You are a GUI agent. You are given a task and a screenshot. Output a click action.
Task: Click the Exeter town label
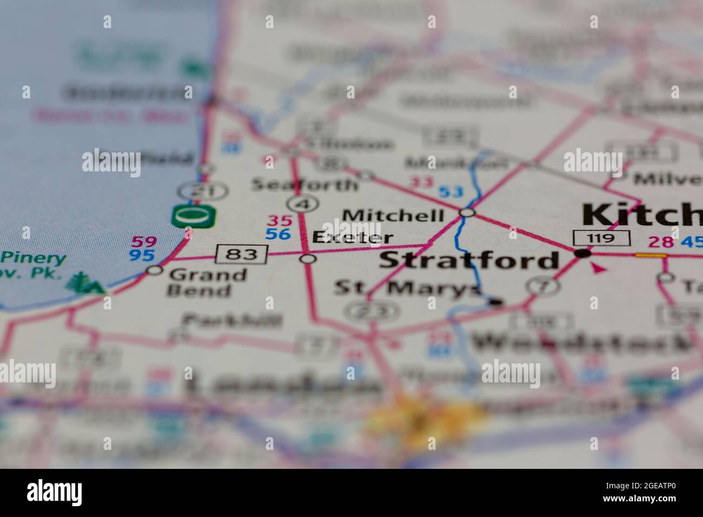pos(353,237)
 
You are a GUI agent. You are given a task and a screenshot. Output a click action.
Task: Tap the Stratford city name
pos(469,260)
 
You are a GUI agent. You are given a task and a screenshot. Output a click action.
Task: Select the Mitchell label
pos(393,215)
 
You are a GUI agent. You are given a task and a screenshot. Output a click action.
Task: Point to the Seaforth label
pos(304,185)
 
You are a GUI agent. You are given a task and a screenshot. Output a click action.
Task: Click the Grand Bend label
pos(207,282)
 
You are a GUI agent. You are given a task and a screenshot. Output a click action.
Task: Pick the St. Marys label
pos(406,288)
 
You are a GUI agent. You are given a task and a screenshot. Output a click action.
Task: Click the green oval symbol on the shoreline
pos(194,217)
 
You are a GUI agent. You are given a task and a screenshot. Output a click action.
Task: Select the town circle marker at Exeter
pos(308,260)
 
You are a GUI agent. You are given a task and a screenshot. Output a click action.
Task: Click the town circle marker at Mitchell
pos(467,213)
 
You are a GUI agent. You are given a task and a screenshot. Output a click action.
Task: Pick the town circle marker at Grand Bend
pos(155,270)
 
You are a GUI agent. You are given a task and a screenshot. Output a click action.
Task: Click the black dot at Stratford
pos(582,253)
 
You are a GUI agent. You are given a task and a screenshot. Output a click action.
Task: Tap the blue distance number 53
pos(450,191)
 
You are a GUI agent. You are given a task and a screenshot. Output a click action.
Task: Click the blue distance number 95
pos(142,255)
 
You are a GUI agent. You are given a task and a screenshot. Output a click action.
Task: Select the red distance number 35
pos(280,221)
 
